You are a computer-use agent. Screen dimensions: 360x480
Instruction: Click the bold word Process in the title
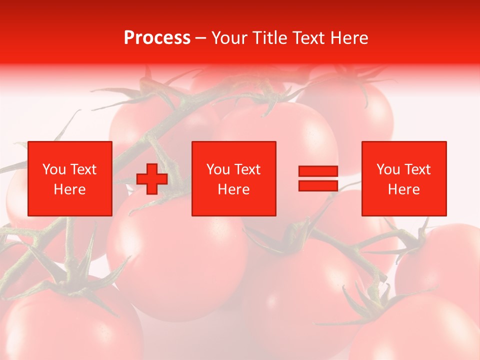coord(157,38)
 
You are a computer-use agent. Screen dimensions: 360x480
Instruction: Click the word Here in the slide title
coord(350,38)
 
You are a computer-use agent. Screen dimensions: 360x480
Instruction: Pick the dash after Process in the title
coord(201,38)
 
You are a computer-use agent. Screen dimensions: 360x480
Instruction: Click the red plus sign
coord(152,179)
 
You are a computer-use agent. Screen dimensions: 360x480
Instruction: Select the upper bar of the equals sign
coord(318,171)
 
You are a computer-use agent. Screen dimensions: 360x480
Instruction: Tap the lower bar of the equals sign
coord(318,185)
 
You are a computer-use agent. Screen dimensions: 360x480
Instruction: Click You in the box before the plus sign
coord(54,169)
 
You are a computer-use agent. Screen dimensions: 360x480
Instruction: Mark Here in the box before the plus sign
coord(69,189)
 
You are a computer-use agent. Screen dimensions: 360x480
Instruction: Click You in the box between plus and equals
coord(218,169)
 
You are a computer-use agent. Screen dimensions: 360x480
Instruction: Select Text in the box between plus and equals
coord(246,169)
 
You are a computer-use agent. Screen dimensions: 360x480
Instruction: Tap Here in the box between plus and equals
coord(233,189)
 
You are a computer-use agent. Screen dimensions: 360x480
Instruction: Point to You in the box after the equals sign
coord(388,169)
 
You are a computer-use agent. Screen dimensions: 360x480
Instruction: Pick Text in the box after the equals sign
coord(416,169)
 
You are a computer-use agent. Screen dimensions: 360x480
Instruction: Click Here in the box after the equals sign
coord(403,189)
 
